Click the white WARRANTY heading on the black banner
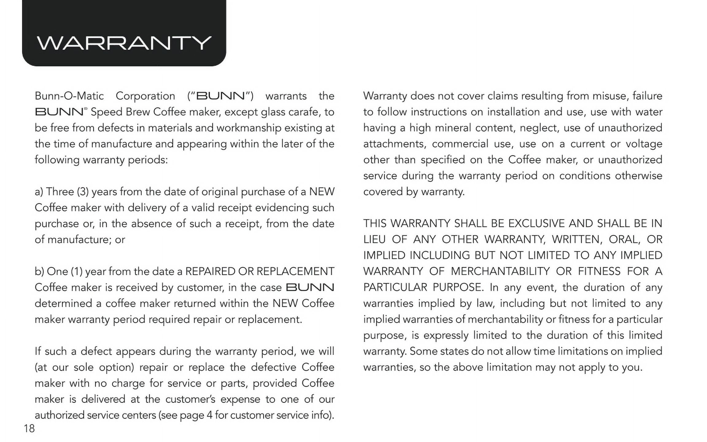124,43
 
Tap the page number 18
29,428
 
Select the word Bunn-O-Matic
69,96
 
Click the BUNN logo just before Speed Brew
60,112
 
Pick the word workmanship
249,128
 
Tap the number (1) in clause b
76,272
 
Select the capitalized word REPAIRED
210,272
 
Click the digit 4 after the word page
209,415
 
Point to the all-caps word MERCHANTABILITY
500,272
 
